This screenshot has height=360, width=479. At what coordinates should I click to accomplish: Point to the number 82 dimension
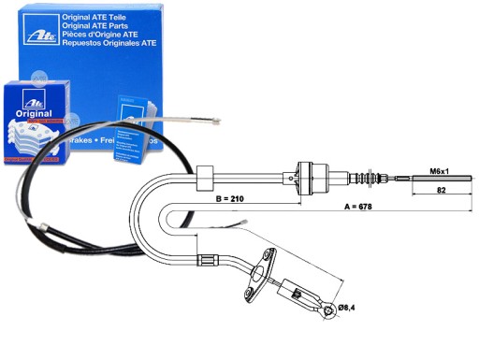[440, 191]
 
